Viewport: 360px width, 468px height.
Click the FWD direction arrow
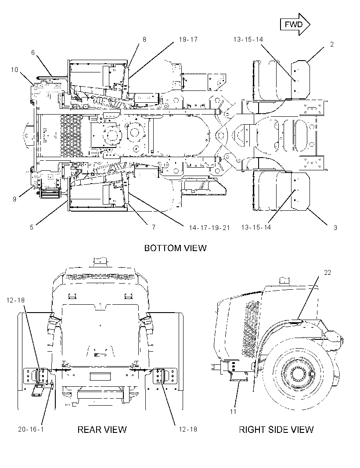coord(295,25)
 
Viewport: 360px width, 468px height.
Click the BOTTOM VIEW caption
coord(175,248)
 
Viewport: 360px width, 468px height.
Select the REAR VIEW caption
coord(102,429)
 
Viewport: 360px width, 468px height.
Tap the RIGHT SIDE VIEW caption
coord(276,429)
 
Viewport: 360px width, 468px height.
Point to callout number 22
coord(328,273)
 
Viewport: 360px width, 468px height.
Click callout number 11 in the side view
coord(233,412)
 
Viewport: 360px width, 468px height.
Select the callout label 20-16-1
coord(31,429)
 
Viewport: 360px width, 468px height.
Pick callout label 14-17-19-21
coord(209,228)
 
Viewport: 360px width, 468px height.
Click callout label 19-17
coord(188,40)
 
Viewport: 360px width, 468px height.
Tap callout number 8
coord(144,40)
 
